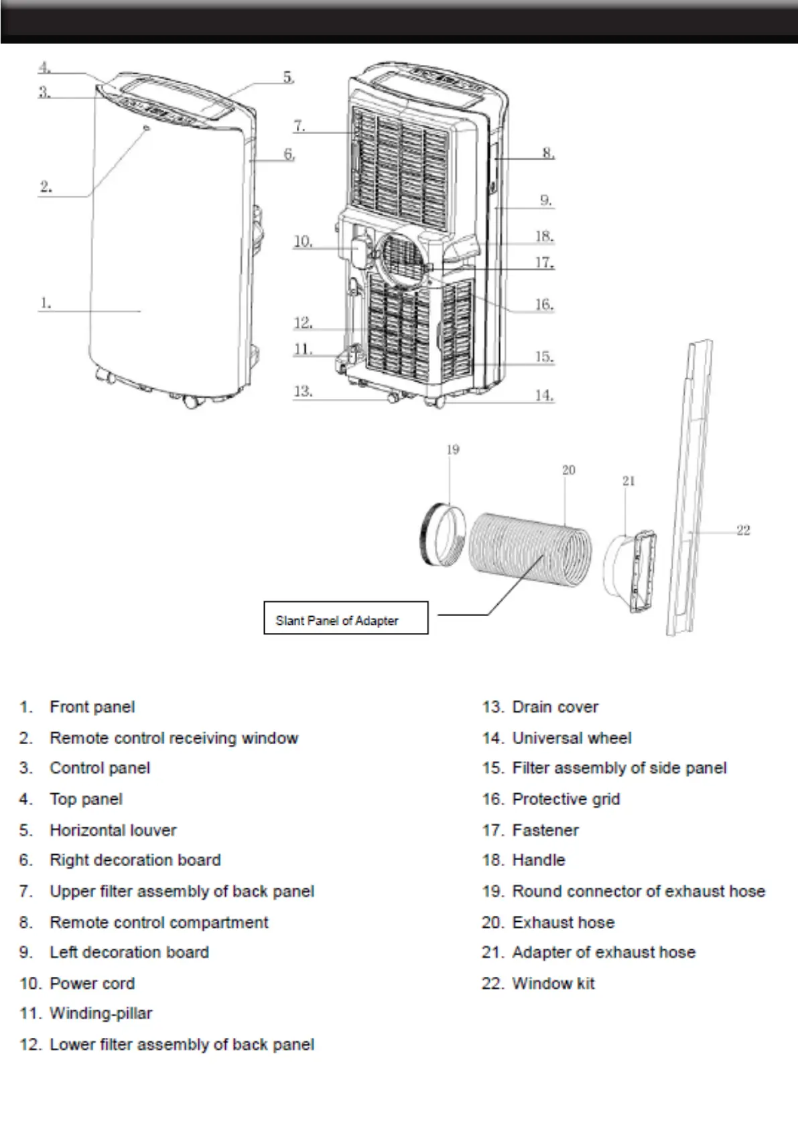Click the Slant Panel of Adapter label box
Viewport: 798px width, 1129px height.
(345, 617)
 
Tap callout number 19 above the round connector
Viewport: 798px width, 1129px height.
(453, 449)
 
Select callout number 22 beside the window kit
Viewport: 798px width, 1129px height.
(743, 530)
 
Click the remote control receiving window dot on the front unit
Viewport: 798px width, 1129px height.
(146, 127)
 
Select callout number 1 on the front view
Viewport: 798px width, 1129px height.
(45, 303)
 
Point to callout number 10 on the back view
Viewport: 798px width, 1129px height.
(303, 241)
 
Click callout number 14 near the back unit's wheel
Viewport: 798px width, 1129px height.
(544, 396)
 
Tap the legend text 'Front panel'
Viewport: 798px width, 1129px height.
(92, 707)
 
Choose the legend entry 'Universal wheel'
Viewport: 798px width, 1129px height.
(572, 738)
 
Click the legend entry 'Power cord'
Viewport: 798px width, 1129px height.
(92, 984)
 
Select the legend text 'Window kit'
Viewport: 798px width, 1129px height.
(553, 984)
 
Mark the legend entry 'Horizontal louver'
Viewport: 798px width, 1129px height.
(113, 830)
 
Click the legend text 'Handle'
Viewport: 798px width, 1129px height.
(538, 860)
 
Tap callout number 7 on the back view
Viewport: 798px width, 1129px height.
(299, 125)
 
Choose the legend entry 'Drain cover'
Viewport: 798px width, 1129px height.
(555, 707)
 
